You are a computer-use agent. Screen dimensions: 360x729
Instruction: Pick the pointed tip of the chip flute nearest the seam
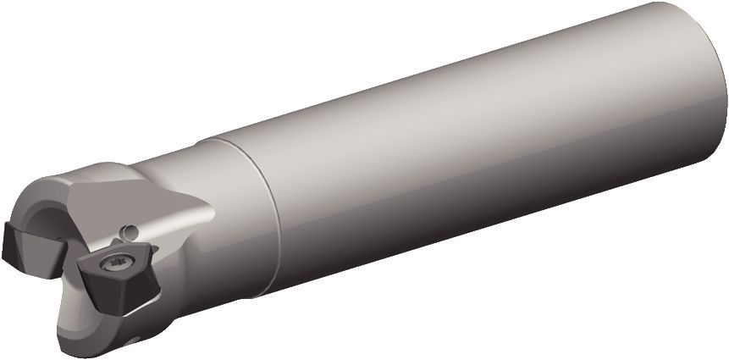pyautogui.click(x=207, y=204)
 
